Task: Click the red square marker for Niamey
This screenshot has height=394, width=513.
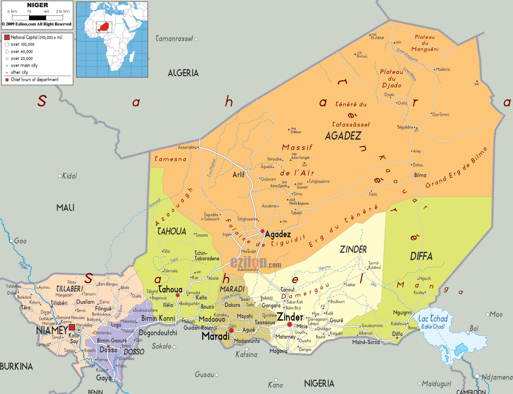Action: point(72,327)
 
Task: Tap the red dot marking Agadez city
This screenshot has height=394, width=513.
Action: point(262,231)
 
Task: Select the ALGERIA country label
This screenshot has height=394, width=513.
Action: point(183,73)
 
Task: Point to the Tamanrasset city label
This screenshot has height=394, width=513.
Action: point(174,38)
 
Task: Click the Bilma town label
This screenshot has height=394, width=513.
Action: point(420,175)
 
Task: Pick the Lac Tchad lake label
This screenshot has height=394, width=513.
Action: point(433,319)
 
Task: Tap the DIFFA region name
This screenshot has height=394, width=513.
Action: point(421,256)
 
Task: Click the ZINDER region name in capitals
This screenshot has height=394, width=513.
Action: point(353,249)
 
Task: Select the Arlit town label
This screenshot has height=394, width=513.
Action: point(238,175)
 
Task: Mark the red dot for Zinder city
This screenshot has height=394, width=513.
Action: point(290,324)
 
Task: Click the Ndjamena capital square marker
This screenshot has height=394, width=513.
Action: point(477,376)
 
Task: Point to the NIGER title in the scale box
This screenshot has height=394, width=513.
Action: point(37,5)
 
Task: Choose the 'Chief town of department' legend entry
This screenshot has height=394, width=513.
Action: point(34,80)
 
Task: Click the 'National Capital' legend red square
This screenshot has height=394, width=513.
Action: point(7,37)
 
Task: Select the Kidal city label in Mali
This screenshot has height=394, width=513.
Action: point(69,176)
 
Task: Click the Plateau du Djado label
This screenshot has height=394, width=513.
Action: point(391,78)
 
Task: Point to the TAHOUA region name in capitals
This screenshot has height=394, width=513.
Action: point(171,231)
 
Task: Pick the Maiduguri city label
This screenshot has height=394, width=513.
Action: point(436,384)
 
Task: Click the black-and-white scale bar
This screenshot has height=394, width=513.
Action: point(37,17)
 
